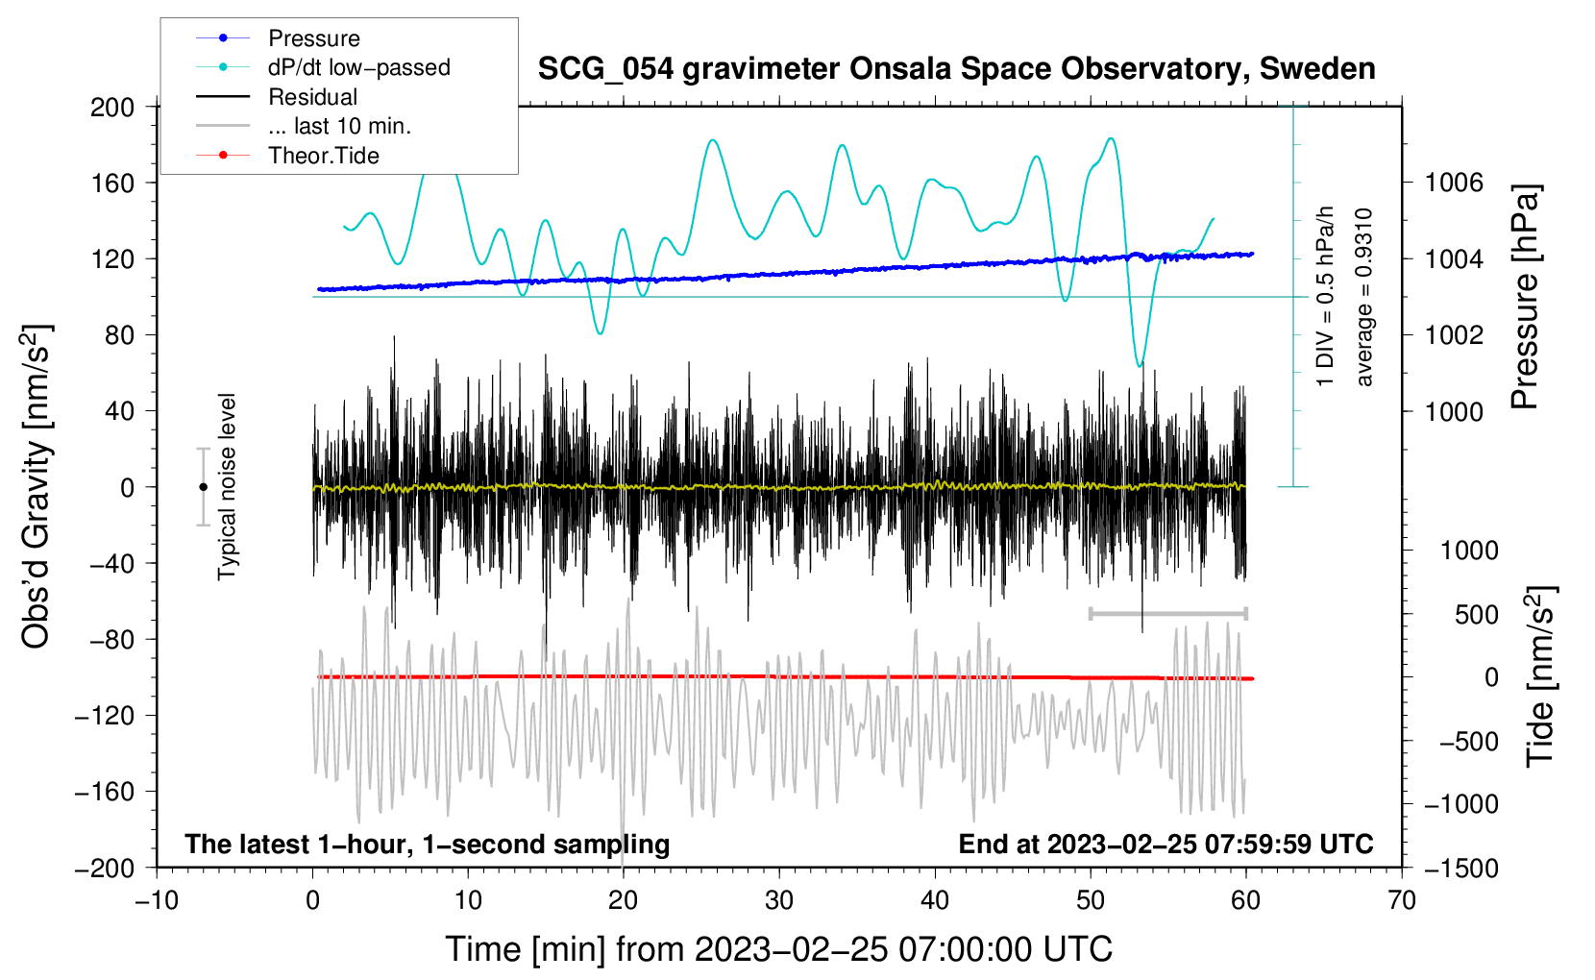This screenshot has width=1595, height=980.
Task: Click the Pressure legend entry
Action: pyautogui.click(x=313, y=38)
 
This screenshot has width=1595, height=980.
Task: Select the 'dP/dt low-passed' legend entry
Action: pyautogui.click(x=358, y=67)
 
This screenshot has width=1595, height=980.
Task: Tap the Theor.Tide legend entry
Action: pyautogui.click(x=323, y=156)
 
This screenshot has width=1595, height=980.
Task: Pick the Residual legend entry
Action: pyautogui.click(x=312, y=97)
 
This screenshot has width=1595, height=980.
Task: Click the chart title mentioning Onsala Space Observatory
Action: pyautogui.click(x=956, y=69)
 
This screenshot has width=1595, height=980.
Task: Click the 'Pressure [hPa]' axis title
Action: pyautogui.click(x=1525, y=298)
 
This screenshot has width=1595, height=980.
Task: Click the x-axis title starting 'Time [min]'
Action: pyautogui.click(x=778, y=949)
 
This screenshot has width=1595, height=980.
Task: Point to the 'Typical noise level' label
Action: pyautogui.click(x=227, y=487)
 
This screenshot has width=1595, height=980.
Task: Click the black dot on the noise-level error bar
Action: pyautogui.click(x=203, y=487)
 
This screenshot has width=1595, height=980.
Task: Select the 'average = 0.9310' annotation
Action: pyautogui.click(x=1364, y=298)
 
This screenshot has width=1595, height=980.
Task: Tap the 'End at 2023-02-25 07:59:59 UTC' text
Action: pyautogui.click(x=1166, y=844)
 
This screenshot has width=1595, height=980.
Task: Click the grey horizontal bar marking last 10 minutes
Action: pyautogui.click(x=1167, y=613)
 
